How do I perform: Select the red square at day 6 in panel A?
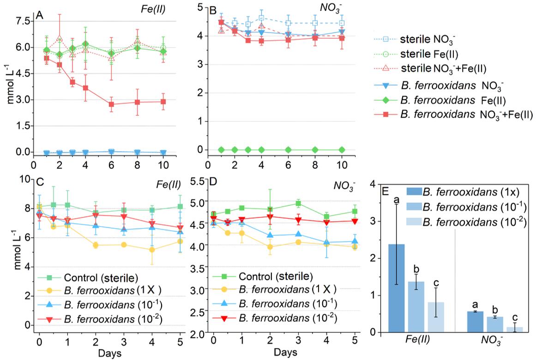pyautogui.click(x=111, y=104)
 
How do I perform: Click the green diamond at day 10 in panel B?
pyautogui.click(x=342, y=150)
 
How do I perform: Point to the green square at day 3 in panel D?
pyautogui.click(x=298, y=203)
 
